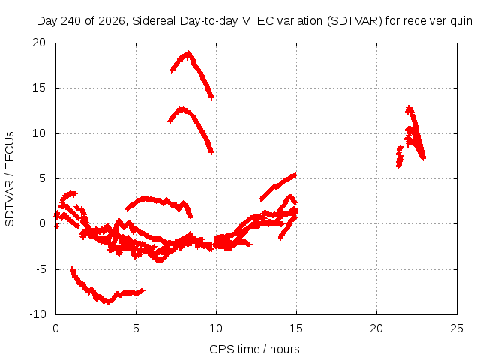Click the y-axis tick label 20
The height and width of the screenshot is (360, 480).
pos(39,43)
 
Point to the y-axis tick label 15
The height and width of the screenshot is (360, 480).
pos(39,88)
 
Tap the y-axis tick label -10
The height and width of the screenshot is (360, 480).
pos(37,314)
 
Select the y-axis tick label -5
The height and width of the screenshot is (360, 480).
pos(40,269)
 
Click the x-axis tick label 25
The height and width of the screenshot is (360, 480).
pos(457,328)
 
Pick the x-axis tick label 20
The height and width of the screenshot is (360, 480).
pos(376,328)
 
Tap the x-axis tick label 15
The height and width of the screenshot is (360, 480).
pos(296,328)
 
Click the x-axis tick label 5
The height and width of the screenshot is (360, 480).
pos(136,328)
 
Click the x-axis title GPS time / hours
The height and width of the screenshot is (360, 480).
pos(254,349)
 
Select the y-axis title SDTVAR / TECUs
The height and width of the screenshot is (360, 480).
pos(10,179)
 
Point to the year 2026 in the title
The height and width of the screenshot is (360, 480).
pos(112,21)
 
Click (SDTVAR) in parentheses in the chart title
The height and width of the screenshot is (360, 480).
pos(355,21)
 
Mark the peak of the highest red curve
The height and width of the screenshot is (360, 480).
pos(188,53)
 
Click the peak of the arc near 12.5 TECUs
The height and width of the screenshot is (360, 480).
pos(182,108)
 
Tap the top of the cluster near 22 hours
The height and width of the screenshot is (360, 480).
pos(409,107)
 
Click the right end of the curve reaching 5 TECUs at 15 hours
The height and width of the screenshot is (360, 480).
pos(296,175)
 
